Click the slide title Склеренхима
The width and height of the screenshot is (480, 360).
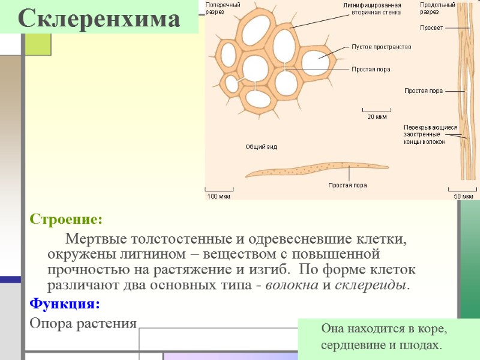[99, 19]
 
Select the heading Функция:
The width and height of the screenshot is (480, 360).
[65, 304]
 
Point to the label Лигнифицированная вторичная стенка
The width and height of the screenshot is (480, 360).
[376, 8]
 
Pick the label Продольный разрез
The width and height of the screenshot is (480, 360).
[437, 8]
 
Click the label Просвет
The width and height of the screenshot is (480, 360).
[431, 28]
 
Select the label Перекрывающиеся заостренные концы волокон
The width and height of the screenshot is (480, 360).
[430, 134]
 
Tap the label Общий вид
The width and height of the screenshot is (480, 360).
[261, 146]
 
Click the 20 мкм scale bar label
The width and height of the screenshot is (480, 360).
[377, 116]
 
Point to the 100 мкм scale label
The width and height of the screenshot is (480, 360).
[218, 196]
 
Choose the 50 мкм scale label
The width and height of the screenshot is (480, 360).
[463, 196]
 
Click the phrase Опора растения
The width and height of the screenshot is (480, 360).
[83, 323]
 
